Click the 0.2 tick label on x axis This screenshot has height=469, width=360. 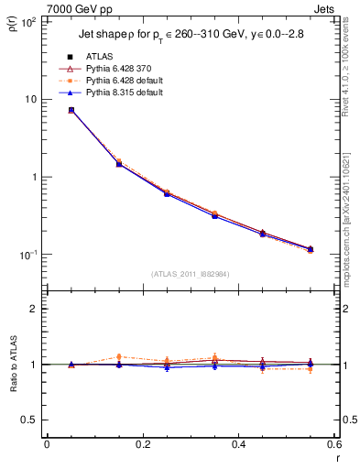click(142, 445)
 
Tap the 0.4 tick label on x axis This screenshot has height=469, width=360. click(238, 445)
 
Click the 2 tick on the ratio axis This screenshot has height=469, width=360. click(33, 309)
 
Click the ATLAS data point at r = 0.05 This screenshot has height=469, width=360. click(71, 110)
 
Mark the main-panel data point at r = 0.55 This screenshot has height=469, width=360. click(311, 249)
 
